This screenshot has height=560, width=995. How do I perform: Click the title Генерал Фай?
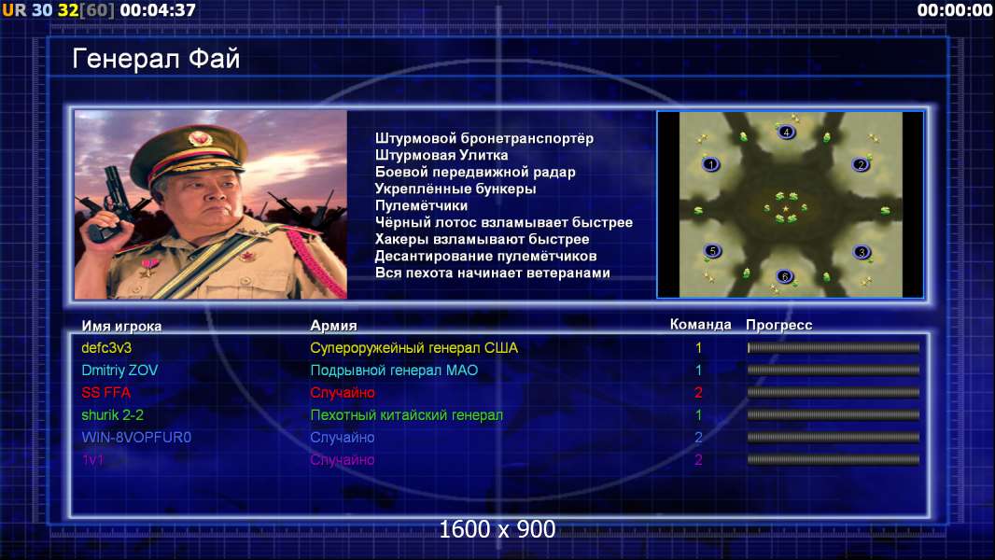156,59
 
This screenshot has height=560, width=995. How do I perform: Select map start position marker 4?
786,132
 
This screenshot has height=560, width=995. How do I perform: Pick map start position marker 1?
711,164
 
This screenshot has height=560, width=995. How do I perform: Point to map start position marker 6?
785,276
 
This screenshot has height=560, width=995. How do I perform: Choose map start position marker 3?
862,252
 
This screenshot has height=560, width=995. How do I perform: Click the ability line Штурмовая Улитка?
441,155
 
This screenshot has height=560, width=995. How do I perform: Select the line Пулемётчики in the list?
421,205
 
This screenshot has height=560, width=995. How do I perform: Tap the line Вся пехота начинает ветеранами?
493,273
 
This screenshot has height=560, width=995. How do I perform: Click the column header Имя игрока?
121,326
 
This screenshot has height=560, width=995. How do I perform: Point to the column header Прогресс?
778,325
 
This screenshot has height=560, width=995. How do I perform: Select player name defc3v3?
106,347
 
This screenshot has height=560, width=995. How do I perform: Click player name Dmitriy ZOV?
119,371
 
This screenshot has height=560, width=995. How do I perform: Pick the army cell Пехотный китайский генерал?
406,415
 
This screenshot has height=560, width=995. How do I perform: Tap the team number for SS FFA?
698,393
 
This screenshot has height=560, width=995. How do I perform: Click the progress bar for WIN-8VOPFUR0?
834,438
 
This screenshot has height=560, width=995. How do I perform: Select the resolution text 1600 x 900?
497,529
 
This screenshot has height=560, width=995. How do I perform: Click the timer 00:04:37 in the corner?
158,10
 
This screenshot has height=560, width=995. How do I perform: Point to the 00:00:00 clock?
954,10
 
